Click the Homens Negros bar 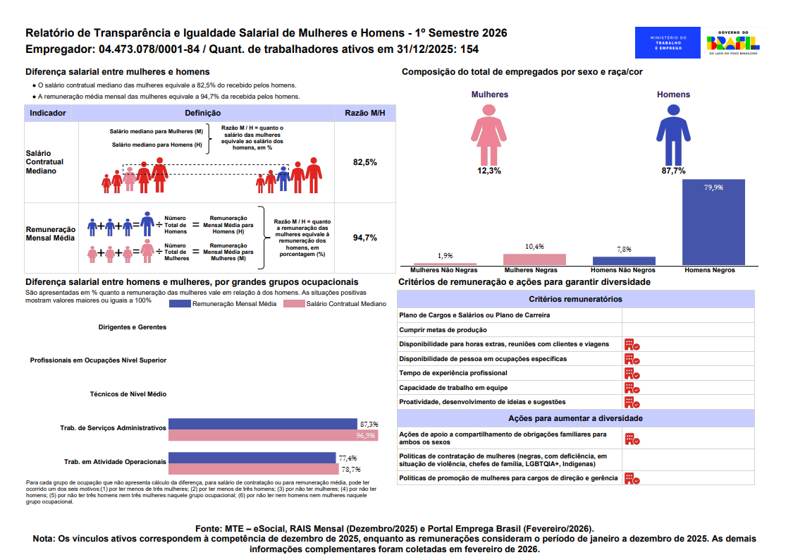point(713,222)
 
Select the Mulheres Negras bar point(534,259)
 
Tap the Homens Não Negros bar point(624,260)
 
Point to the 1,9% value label point(445,255)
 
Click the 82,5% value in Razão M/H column point(365,162)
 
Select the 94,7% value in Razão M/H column point(365,238)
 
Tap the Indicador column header point(49,113)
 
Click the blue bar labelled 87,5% point(262,424)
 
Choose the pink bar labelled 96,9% point(273,436)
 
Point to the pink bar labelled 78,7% point(252,469)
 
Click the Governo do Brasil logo point(732,42)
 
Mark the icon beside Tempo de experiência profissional point(632,373)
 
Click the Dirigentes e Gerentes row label point(133,327)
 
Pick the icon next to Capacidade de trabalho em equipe point(632,387)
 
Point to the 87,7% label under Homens point(673,171)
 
